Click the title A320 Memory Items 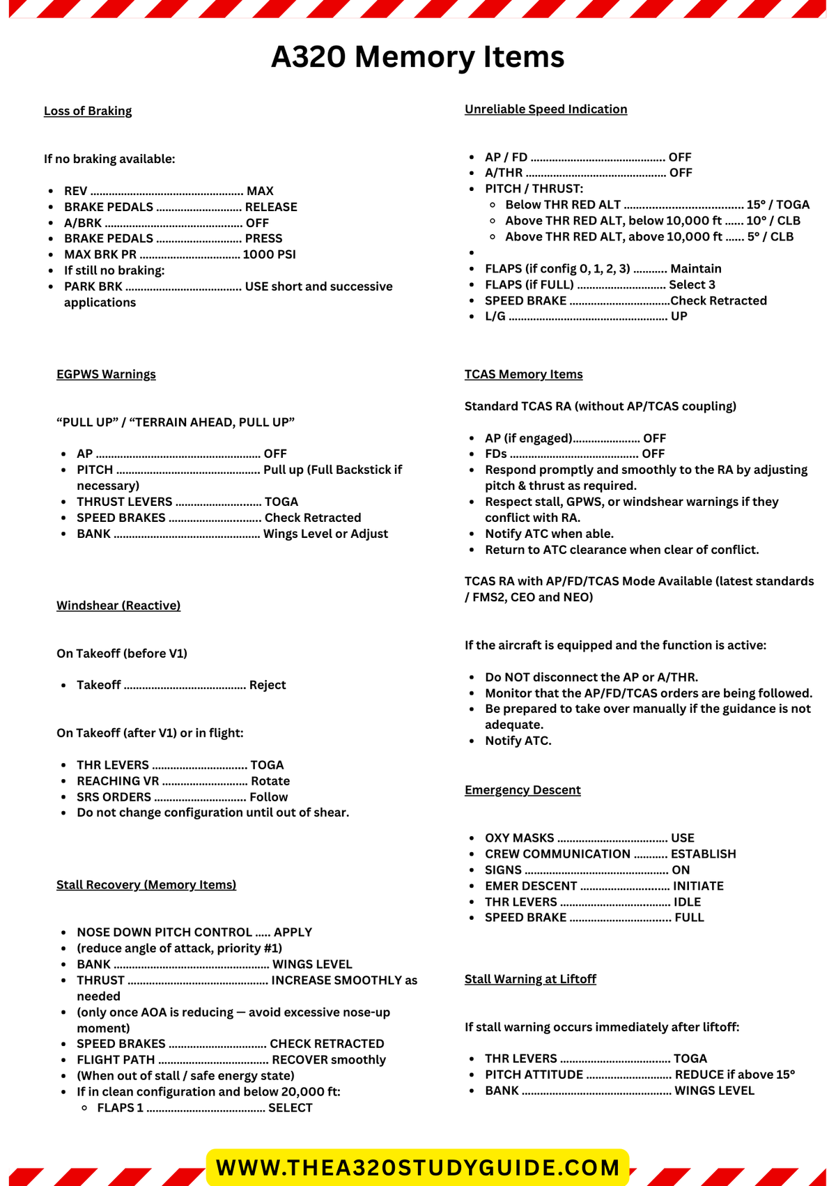(x=417, y=56)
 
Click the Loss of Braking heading (x=88, y=111)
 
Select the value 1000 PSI (x=269, y=254)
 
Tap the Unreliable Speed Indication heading (x=545, y=109)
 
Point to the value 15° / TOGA (x=777, y=205)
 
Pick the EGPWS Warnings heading (x=106, y=374)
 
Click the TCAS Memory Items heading (x=523, y=374)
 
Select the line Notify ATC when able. (x=549, y=534)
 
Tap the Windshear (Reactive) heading (x=118, y=606)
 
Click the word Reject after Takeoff (x=268, y=685)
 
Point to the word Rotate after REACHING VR (x=270, y=781)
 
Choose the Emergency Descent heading (x=522, y=790)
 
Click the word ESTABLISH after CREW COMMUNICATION (x=703, y=854)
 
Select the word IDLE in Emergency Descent (x=687, y=902)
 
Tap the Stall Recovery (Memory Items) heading (x=146, y=884)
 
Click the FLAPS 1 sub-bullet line (x=204, y=1108)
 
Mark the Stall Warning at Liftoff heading (x=530, y=979)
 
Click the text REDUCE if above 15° (x=734, y=1075)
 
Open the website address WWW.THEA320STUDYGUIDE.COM (x=418, y=1168)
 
